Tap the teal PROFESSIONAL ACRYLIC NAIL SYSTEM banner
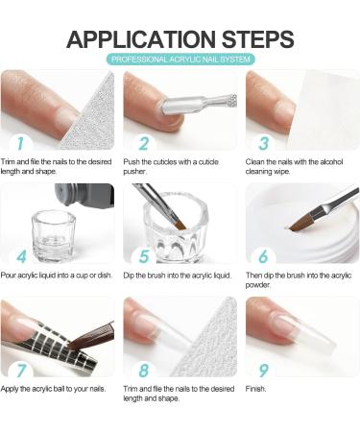[x=180, y=60]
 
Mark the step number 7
[x=16, y=368]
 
